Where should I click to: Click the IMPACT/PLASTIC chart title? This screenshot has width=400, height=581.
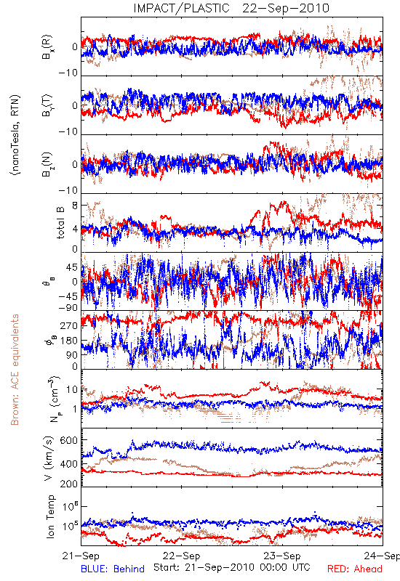point(181,8)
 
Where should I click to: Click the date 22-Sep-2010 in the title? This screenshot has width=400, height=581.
point(286,8)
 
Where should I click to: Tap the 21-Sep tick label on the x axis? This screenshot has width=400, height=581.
point(81,556)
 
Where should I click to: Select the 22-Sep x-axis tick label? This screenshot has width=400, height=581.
point(182,556)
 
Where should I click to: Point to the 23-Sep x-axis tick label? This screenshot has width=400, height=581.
point(282,556)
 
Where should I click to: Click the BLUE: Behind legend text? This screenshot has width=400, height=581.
point(113,569)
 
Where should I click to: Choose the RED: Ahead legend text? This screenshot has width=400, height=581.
point(355,569)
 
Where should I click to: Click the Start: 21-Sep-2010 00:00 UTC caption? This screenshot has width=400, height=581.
point(232,567)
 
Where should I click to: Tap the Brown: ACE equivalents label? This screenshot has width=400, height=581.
point(15,370)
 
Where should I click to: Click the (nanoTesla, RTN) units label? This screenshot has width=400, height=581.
point(15,134)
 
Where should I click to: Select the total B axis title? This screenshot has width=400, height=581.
point(60,223)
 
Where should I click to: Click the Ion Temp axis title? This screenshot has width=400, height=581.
point(50,516)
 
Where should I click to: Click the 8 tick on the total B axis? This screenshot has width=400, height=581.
point(75,206)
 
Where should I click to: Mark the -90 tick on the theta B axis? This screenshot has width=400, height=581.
point(68,308)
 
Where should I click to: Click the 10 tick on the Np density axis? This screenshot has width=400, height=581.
point(72,389)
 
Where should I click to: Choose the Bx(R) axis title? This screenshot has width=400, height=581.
point(47,47)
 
